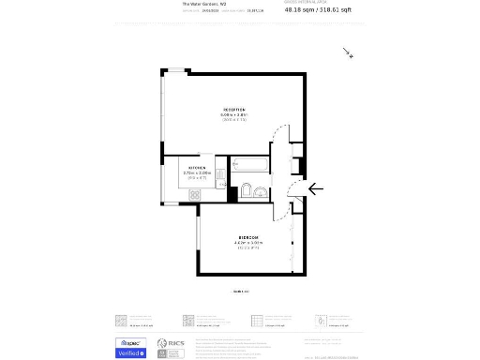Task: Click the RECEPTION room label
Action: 233,110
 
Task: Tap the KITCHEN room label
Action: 198,168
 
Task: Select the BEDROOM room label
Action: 248,237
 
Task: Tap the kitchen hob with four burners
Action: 196,194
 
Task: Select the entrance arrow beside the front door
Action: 314,188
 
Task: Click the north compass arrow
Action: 348,53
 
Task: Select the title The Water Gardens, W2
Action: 202,4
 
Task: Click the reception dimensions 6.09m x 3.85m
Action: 233,115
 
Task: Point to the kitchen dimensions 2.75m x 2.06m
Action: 198,173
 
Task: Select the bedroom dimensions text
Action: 248,243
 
